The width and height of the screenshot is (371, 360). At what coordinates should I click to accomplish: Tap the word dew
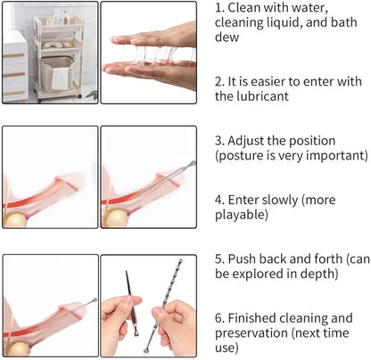point(227,37)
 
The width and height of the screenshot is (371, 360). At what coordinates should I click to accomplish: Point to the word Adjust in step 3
point(246,142)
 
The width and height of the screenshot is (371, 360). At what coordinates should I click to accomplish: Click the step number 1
point(219,8)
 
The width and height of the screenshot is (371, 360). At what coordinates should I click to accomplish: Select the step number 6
point(219,318)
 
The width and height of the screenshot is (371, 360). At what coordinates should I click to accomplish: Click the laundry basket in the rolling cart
point(58,73)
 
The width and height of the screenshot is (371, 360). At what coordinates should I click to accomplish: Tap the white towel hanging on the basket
point(62,78)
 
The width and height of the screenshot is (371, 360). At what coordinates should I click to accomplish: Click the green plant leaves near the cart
point(92,95)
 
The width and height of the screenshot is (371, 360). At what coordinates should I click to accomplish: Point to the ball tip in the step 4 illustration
point(194,163)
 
